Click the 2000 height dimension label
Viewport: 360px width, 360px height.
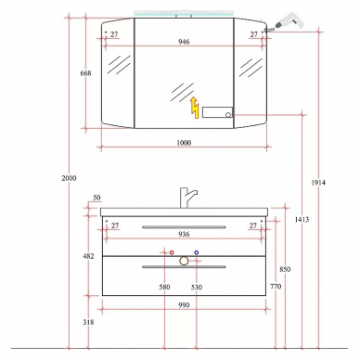coord(69,178)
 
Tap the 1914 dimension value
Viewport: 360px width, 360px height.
coord(318,183)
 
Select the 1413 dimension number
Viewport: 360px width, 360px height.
coord(302,219)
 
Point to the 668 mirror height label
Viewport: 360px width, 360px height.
coord(85,73)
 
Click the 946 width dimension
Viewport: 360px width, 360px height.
coord(184,42)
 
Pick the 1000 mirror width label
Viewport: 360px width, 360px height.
coord(184,143)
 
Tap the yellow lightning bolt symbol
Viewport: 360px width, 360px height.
coord(195,108)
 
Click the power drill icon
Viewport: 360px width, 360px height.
coord(286,22)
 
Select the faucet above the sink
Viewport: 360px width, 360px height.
coord(186,198)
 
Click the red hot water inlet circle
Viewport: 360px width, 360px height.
coord(172,252)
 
